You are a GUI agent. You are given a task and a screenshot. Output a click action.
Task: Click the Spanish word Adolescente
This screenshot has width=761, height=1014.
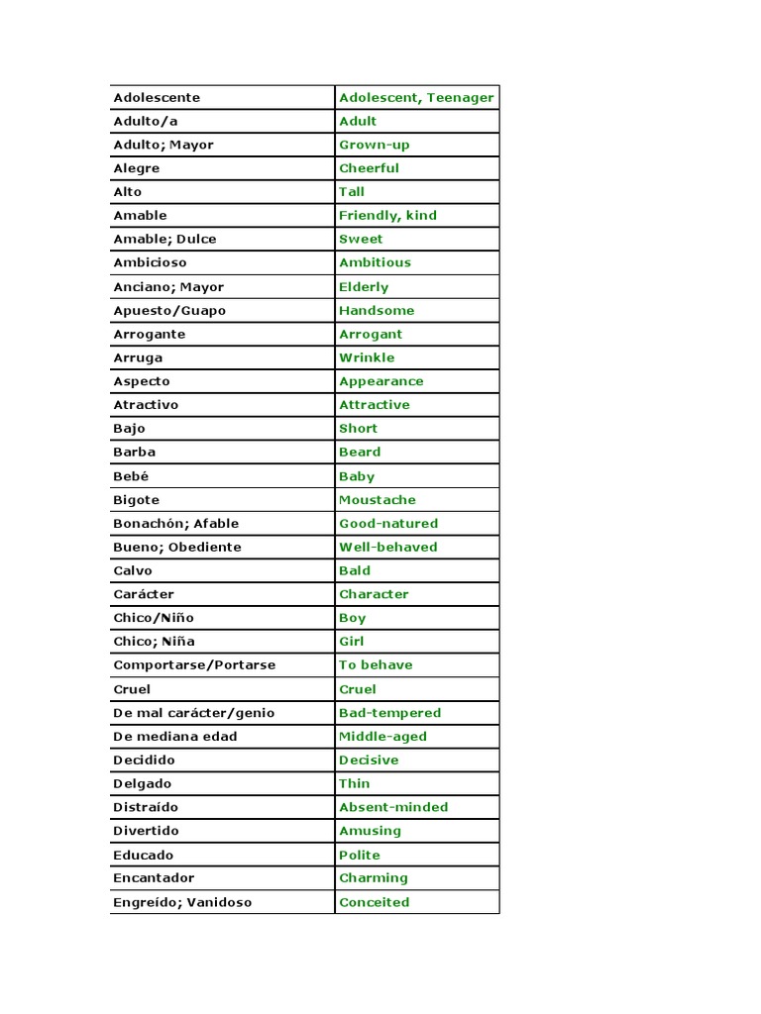point(157,97)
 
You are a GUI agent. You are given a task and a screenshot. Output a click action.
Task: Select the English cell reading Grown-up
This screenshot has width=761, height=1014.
point(374,145)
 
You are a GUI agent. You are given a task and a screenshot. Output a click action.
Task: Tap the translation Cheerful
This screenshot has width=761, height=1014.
point(369,168)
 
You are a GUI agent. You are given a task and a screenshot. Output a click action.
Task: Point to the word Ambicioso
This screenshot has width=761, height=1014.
point(150,262)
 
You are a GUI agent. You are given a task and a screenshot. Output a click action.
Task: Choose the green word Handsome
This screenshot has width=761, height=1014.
point(377,310)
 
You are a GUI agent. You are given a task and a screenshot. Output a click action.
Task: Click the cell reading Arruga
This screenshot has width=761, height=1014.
point(138,357)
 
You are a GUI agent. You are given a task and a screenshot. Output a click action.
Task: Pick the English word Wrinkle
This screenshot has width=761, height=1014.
point(367,357)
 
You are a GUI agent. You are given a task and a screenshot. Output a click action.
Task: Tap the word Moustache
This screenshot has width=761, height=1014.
point(378,500)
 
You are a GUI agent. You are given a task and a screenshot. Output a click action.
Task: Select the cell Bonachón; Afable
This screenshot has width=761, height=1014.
point(175,523)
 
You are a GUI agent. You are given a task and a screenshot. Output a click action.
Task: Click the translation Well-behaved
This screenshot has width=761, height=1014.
point(387,547)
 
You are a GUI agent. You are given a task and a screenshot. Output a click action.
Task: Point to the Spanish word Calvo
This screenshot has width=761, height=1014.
point(133,570)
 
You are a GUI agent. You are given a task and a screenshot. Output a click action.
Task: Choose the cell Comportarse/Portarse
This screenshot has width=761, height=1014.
point(193,664)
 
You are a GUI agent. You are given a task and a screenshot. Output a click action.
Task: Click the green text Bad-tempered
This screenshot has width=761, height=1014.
point(389,712)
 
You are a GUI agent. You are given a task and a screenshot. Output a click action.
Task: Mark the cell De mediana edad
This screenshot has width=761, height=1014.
point(175,736)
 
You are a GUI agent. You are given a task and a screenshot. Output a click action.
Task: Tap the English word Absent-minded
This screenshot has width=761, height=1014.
point(393,807)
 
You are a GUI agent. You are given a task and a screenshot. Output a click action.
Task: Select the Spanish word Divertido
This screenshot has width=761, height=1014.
point(146,831)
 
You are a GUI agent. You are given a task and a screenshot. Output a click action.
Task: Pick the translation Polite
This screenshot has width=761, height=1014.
point(359,855)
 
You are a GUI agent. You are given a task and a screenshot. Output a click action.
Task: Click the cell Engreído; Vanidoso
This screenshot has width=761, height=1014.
point(182,902)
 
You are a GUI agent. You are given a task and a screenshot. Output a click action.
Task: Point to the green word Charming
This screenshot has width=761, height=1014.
point(373,877)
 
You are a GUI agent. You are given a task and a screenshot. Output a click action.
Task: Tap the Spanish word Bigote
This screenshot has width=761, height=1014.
point(136,500)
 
